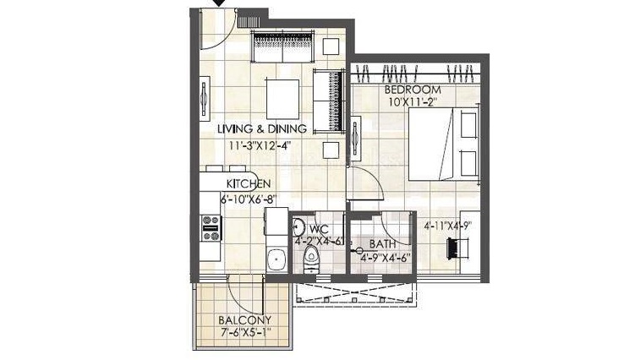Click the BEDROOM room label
pyautogui.click(x=413, y=90)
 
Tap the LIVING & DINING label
pyautogui.click(x=262, y=129)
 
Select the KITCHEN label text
pyautogui.click(x=249, y=183)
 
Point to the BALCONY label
pyautogui.click(x=244, y=319)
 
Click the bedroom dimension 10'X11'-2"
pyautogui.click(x=413, y=102)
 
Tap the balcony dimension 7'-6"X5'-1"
pyautogui.click(x=245, y=332)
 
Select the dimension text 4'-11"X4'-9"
pyautogui.click(x=447, y=226)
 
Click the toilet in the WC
pyautogui.click(x=311, y=259)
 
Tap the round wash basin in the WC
pyautogui.click(x=298, y=228)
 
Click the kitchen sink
pyautogui.click(x=276, y=259)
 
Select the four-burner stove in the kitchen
pyautogui.click(x=211, y=228)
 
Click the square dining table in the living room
pyautogui.click(x=282, y=99)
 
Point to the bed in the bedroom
pyautogui.click(x=444, y=144)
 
